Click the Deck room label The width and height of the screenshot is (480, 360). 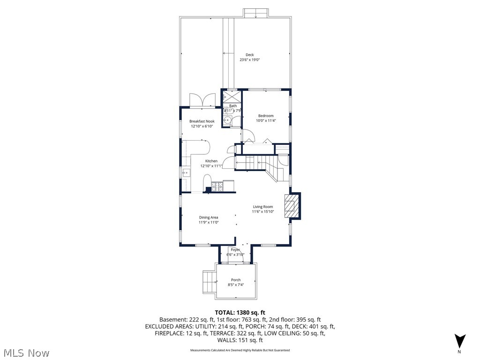coord(249,55)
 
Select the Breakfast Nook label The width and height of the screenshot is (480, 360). coord(202,121)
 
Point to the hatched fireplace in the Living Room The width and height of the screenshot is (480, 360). coord(291,206)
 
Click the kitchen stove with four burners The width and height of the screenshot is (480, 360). coord(217,187)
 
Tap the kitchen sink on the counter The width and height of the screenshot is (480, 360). coord(186,173)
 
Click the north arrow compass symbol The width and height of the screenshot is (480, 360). coord(460,341)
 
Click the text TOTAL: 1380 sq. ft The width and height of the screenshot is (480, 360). coord(240,313)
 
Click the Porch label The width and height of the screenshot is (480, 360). coord(236,280)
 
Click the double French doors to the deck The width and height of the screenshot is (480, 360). coord(202,100)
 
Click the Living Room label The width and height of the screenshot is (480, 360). coord(263,207)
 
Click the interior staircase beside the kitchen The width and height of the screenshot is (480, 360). coord(255,164)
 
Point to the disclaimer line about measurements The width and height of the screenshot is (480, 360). coord(240,350)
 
